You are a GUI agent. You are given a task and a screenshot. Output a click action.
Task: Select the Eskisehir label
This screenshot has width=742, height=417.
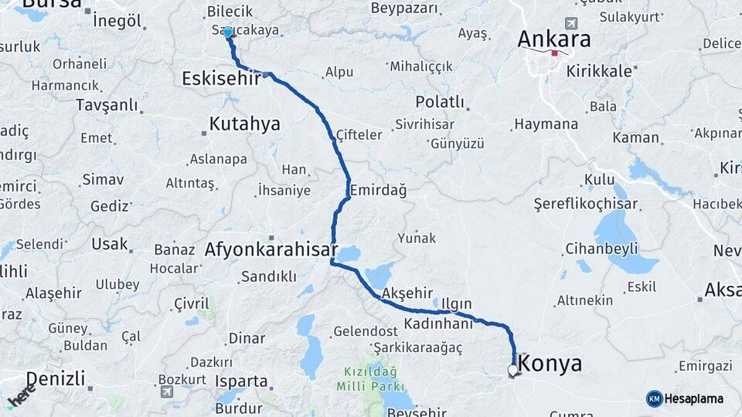click(220, 78)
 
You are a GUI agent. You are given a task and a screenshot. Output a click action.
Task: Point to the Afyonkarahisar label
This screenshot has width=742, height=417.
click(271, 249)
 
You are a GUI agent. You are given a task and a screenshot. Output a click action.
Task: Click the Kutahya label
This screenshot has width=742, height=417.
click(244, 124)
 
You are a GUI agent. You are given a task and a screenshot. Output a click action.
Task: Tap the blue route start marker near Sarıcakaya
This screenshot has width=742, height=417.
click(228, 32)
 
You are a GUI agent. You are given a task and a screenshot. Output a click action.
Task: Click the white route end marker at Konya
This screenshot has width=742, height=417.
click(512, 371)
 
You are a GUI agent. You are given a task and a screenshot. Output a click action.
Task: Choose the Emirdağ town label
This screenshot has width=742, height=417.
click(378, 189)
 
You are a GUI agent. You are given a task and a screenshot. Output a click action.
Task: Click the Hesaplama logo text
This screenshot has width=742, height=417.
click(694, 398)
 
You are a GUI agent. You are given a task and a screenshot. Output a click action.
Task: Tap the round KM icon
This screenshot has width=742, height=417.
click(654, 398)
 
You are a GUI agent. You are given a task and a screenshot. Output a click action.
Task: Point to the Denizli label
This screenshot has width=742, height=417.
click(54, 378)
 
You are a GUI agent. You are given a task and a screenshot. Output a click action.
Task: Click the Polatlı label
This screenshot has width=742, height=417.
click(440, 102)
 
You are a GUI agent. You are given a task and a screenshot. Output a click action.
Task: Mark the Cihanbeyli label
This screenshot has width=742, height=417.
click(601, 249)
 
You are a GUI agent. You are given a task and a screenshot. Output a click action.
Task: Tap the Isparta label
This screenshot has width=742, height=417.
click(241, 381)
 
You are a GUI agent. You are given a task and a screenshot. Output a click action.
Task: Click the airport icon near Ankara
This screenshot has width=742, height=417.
click(571, 22)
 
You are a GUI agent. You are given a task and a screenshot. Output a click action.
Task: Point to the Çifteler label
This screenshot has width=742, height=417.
click(359, 135)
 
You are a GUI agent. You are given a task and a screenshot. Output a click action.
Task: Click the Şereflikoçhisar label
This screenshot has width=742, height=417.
click(586, 204)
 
